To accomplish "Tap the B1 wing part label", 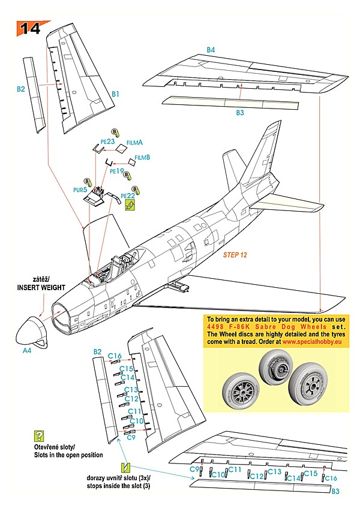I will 115,94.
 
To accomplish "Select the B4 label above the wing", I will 211,50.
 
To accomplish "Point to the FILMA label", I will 135,143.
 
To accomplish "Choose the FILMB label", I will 142,158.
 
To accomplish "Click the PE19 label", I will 116,171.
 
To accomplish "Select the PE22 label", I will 128,195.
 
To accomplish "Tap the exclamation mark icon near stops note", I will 125,467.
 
